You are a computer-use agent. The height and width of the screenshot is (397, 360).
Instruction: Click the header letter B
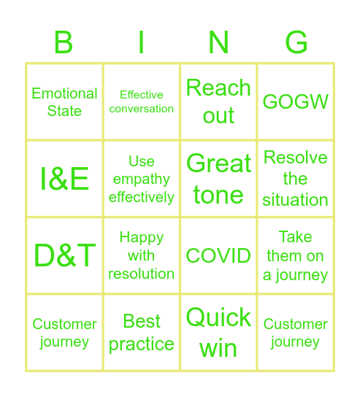pyautogui.click(x=64, y=44)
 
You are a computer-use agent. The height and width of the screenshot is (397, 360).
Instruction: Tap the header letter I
pyautogui.click(x=141, y=44)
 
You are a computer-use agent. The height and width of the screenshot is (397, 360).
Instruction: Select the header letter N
pyautogui.click(x=218, y=44)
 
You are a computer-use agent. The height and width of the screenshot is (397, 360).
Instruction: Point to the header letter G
pyautogui.click(x=296, y=44)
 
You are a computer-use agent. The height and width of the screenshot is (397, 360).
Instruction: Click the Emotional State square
pyautogui.click(x=64, y=102)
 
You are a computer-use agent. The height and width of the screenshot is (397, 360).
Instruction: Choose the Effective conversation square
pyautogui.click(x=142, y=102)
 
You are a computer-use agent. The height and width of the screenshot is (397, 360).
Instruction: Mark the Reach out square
pyautogui.click(x=218, y=102)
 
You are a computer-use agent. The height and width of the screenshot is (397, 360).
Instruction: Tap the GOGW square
pyautogui.click(x=296, y=102)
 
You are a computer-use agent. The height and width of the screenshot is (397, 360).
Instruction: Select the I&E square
pyautogui.click(x=64, y=179)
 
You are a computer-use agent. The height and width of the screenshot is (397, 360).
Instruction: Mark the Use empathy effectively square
pyautogui.click(x=142, y=179)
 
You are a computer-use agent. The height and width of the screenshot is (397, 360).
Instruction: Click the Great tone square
pyautogui.click(x=218, y=179)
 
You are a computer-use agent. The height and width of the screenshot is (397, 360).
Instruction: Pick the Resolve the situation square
pyautogui.click(x=296, y=179)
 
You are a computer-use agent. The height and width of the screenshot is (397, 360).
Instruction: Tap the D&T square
pyautogui.click(x=64, y=256)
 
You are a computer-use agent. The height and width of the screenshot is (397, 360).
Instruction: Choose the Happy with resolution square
pyautogui.click(x=142, y=256)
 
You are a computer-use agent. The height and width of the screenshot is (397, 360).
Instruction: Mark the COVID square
pyautogui.click(x=218, y=256)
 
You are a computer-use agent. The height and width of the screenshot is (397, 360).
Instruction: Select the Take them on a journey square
pyautogui.click(x=296, y=256)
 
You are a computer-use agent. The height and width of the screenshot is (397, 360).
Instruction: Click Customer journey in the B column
pyautogui.click(x=64, y=333)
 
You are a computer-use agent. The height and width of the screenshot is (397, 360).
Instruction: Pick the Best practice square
pyautogui.click(x=142, y=333)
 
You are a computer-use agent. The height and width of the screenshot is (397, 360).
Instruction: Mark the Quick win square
pyautogui.click(x=218, y=333)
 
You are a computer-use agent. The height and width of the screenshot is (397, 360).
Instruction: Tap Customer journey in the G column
pyautogui.click(x=296, y=333)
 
